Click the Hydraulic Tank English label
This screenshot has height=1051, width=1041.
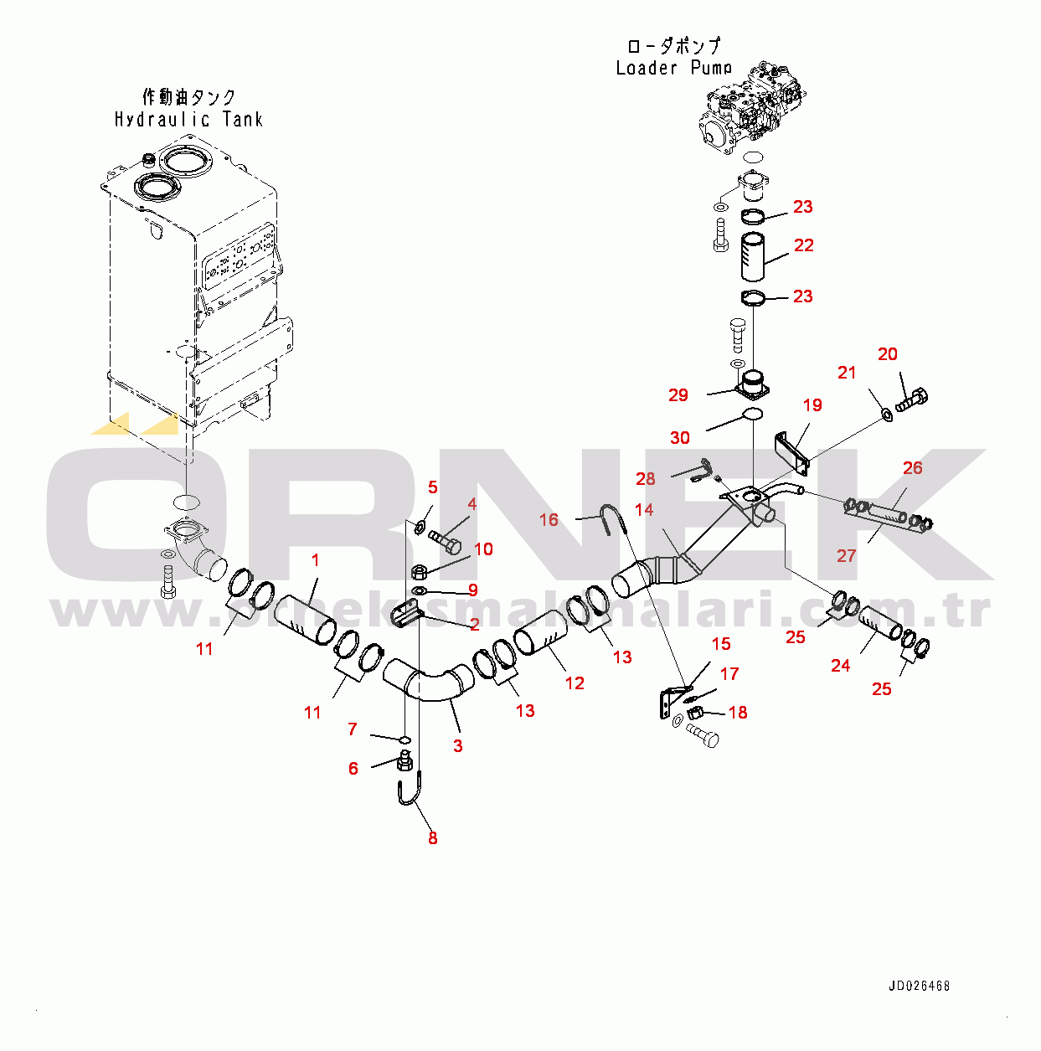tap(188, 120)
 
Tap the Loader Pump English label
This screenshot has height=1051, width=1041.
tap(673, 68)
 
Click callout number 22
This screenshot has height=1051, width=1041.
tap(803, 245)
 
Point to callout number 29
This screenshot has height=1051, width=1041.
tap(678, 394)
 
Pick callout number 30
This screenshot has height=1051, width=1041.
tap(679, 437)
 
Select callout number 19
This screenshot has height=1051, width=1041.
tap(812, 405)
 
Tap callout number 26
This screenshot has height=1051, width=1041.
tap(912, 468)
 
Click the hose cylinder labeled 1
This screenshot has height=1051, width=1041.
tap(305, 621)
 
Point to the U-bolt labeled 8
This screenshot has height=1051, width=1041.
tap(408, 791)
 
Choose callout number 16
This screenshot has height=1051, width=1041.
tap(548, 520)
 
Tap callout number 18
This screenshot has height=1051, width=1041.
tap(737, 713)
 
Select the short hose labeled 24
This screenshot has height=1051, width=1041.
tap(880, 623)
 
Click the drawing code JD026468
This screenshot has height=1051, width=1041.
tap(919, 986)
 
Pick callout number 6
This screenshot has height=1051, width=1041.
tap(353, 768)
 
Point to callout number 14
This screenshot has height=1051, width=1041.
tap(643, 509)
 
